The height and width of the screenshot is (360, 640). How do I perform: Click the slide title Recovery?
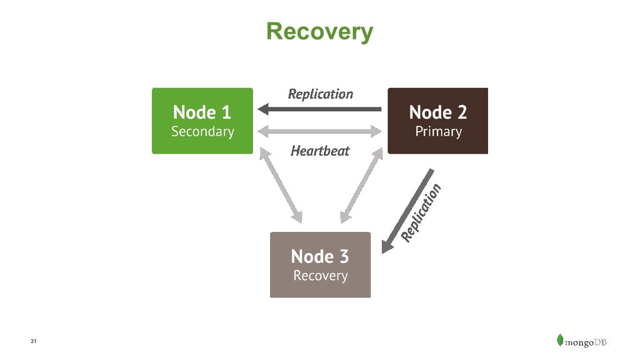click(x=319, y=31)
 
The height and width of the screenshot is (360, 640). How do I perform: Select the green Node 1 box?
click(x=202, y=121)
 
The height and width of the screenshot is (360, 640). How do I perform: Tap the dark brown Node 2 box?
click(x=438, y=121)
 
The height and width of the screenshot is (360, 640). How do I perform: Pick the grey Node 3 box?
click(x=321, y=265)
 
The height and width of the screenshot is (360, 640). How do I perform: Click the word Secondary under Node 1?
click(x=202, y=132)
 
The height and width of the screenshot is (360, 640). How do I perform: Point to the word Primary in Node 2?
click(x=438, y=132)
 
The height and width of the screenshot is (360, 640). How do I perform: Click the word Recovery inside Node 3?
click(x=321, y=276)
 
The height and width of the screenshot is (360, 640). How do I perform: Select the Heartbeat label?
click(x=320, y=151)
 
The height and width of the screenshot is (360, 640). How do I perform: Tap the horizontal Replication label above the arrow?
click(x=321, y=94)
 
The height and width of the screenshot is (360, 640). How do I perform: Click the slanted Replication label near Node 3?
click(x=421, y=213)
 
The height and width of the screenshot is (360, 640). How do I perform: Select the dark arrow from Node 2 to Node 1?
click(x=319, y=109)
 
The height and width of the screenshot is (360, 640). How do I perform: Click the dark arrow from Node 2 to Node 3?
click(x=407, y=211)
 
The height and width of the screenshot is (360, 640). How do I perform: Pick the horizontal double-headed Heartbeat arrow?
click(x=319, y=131)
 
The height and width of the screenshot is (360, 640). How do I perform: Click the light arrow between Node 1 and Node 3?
click(x=281, y=185)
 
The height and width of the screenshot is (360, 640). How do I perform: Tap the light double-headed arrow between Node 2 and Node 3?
click(x=362, y=185)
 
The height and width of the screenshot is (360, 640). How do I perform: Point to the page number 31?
click(x=34, y=341)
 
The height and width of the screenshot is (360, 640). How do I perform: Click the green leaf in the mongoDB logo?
click(x=560, y=340)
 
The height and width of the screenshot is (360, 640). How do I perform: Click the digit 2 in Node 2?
click(x=462, y=112)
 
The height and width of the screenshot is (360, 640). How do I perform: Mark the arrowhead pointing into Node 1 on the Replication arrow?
click(x=263, y=109)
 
